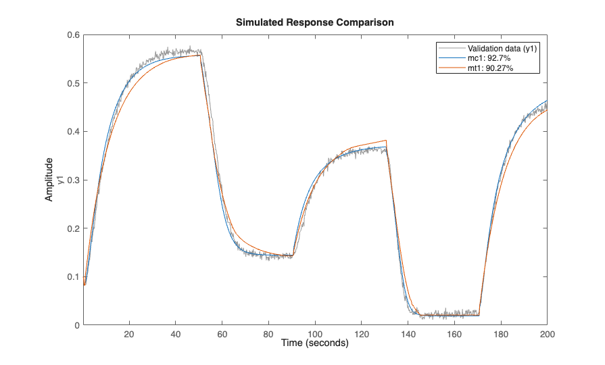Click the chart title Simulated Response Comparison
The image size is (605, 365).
point(314,22)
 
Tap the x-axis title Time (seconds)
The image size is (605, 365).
point(315,343)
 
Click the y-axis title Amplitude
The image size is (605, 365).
point(49,180)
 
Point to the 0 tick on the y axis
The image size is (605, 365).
point(76,325)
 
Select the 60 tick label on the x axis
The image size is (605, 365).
point(222,334)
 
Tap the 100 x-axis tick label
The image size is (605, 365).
point(315,334)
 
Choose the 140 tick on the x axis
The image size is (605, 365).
point(408,334)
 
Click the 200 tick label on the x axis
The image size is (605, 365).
point(548,334)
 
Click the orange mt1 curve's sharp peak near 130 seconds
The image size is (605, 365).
point(386,141)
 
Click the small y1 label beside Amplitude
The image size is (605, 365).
point(59,180)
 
